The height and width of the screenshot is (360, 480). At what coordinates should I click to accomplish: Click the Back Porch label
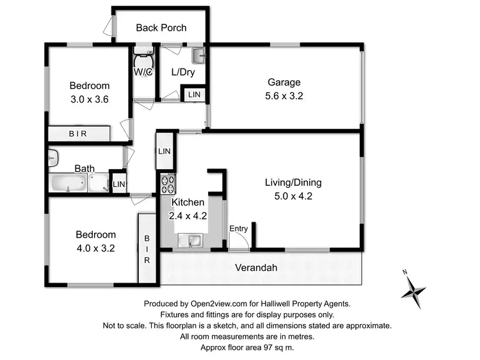coord(161,28)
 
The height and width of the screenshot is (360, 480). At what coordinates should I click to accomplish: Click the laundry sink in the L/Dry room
coord(199,55)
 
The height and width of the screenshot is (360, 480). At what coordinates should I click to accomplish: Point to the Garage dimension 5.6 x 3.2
coord(284,96)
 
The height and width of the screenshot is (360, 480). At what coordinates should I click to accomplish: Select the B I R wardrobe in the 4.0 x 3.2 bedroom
coord(147,247)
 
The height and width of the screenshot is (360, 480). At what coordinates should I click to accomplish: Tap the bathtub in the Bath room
coord(68,184)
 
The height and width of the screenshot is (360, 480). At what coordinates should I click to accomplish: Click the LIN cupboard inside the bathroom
coord(118,184)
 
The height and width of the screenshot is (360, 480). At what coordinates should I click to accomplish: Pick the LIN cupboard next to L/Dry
coord(193,95)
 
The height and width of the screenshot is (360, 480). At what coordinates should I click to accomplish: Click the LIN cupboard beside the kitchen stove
coord(164,151)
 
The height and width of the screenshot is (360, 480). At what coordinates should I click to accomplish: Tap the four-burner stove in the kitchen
coord(168,184)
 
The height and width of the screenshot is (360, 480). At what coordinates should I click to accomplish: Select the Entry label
coord(239,229)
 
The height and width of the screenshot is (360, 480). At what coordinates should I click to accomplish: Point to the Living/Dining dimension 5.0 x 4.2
coord(293,197)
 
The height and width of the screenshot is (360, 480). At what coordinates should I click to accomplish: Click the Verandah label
coord(256,268)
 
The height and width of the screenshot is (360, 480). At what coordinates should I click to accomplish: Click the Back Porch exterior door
coord(109,26)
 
